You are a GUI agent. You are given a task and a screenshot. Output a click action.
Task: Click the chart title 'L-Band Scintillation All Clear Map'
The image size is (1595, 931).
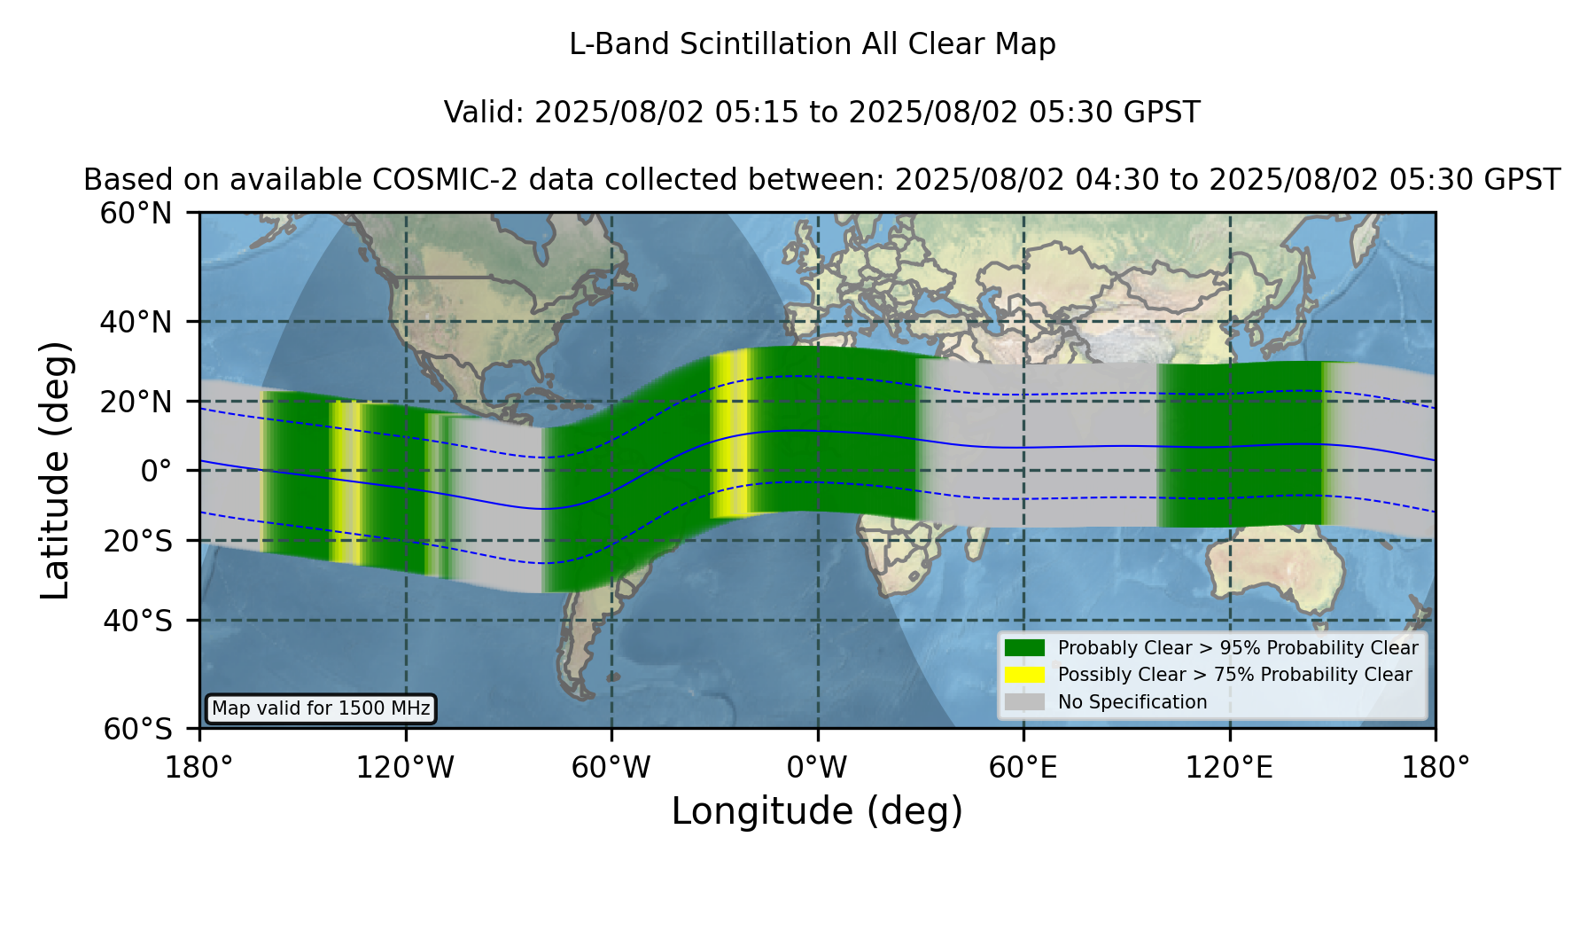[x=813, y=44]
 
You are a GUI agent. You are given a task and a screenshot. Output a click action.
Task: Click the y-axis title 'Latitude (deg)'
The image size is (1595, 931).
[x=55, y=471]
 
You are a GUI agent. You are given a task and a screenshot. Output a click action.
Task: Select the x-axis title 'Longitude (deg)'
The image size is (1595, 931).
[x=817, y=811]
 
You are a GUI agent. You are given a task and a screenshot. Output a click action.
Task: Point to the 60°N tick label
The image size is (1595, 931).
[x=136, y=214]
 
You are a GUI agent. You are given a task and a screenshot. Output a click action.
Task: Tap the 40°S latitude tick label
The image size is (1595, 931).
[x=137, y=621]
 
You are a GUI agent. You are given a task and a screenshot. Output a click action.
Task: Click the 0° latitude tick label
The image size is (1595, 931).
[x=156, y=471]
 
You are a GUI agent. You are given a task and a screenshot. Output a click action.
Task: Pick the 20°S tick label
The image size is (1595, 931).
[x=137, y=541]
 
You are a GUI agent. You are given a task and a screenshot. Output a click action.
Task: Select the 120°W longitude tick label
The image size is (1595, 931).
[x=405, y=768]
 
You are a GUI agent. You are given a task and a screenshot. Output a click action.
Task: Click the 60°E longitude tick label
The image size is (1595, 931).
[x=1023, y=768]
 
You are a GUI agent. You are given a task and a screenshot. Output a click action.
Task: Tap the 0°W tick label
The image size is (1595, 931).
[x=817, y=768]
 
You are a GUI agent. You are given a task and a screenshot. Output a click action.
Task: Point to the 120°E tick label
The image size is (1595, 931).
[x=1229, y=768]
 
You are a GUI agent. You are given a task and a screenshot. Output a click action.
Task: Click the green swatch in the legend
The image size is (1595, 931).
[x=1025, y=648]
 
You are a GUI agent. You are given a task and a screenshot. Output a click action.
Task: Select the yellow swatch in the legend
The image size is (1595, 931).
[x=1025, y=675]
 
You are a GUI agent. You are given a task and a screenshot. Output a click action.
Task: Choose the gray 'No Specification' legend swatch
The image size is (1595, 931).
[x=1025, y=702]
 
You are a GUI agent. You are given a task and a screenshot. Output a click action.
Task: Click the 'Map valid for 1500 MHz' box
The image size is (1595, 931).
[x=321, y=708]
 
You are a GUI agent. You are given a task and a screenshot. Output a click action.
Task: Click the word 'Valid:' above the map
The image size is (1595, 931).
[x=485, y=113]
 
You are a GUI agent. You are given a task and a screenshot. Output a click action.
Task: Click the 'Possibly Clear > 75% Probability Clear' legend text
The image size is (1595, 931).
[x=1234, y=675]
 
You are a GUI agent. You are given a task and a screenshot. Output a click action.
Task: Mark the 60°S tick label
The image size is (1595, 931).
[x=137, y=729]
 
